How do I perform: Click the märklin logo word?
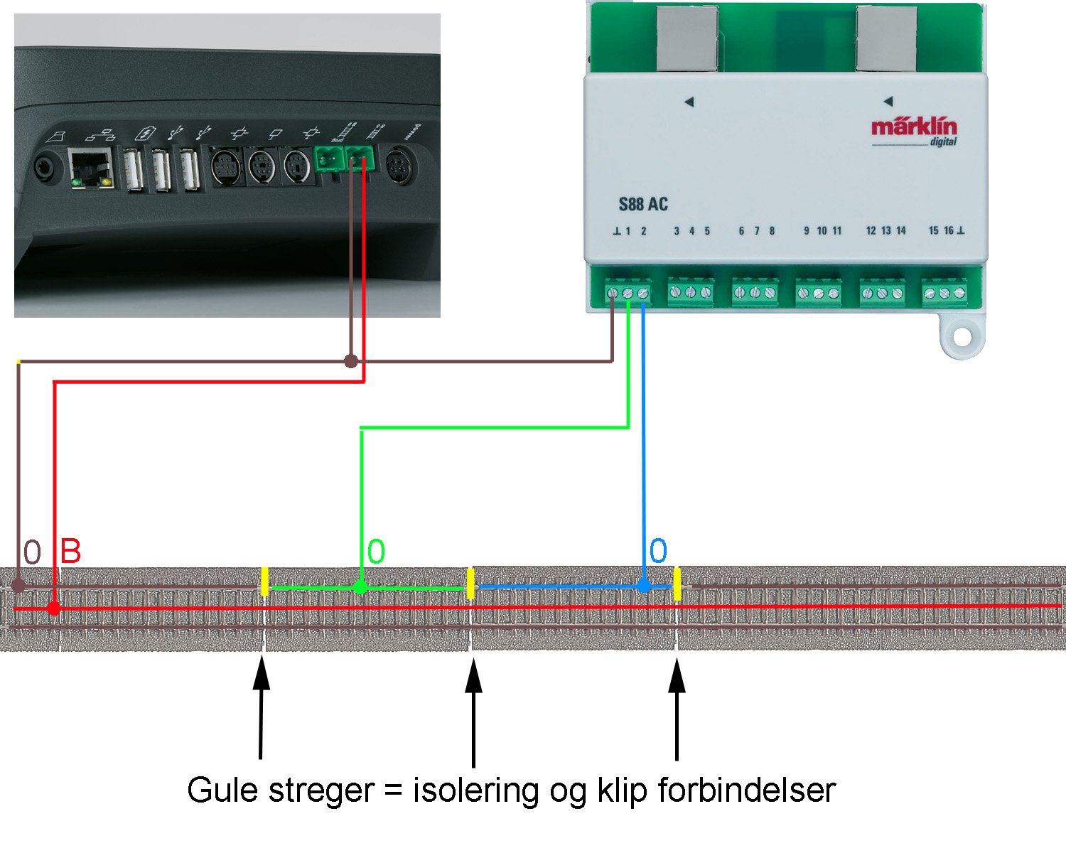click(x=914, y=127)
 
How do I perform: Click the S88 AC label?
click(x=643, y=204)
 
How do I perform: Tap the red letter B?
click(x=70, y=551)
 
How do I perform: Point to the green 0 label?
click(x=376, y=551)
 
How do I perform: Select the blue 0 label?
click(x=658, y=550)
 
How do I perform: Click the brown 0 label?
click(x=32, y=552)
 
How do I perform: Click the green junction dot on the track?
click(x=360, y=587)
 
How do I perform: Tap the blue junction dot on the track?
click(x=643, y=586)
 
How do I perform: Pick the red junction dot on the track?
click(x=54, y=608)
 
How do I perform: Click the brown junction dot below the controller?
click(x=351, y=361)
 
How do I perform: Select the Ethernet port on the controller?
click(x=91, y=169)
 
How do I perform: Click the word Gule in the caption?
click(x=222, y=790)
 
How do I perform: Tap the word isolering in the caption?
click(x=476, y=791)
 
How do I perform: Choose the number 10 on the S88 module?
click(x=822, y=230)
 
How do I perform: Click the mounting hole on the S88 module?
click(x=962, y=338)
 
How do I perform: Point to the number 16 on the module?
click(x=949, y=230)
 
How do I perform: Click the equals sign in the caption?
click(x=393, y=790)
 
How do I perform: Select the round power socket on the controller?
click(x=399, y=166)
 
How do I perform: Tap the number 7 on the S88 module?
click(x=756, y=230)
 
